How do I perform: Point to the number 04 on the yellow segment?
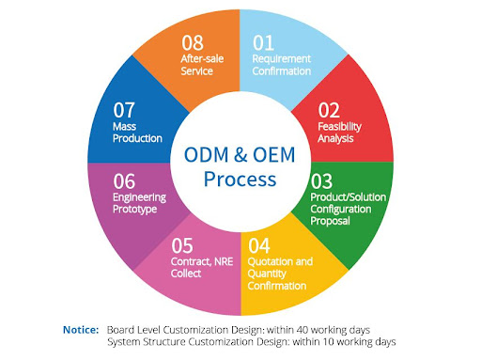pyautogui.click(x=260, y=246)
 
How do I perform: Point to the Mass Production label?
pyautogui.click(x=137, y=132)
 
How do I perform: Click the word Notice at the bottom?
pyautogui.click(x=80, y=329)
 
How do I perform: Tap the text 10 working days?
pyautogui.click(x=364, y=341)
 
